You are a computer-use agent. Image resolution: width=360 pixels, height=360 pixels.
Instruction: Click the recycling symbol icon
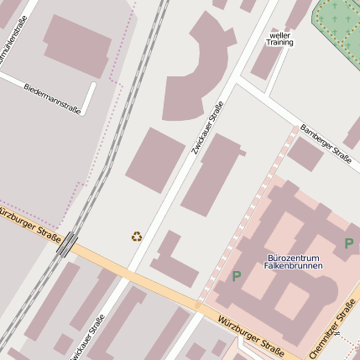coord(137,237)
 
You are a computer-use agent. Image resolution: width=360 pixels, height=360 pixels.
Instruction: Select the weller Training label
coord(279,38)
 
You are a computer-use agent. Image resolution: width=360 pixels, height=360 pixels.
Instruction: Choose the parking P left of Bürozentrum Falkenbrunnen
coord(237,275)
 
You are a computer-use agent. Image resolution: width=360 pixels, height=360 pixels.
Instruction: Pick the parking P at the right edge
coord(348,243)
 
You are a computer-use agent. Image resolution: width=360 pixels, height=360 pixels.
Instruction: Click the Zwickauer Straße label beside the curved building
coord(201,126)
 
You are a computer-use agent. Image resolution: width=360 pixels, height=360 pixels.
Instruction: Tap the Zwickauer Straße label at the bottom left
coord(93,330)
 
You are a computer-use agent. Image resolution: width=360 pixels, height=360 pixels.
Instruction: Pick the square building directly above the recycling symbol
coord(155,160)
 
